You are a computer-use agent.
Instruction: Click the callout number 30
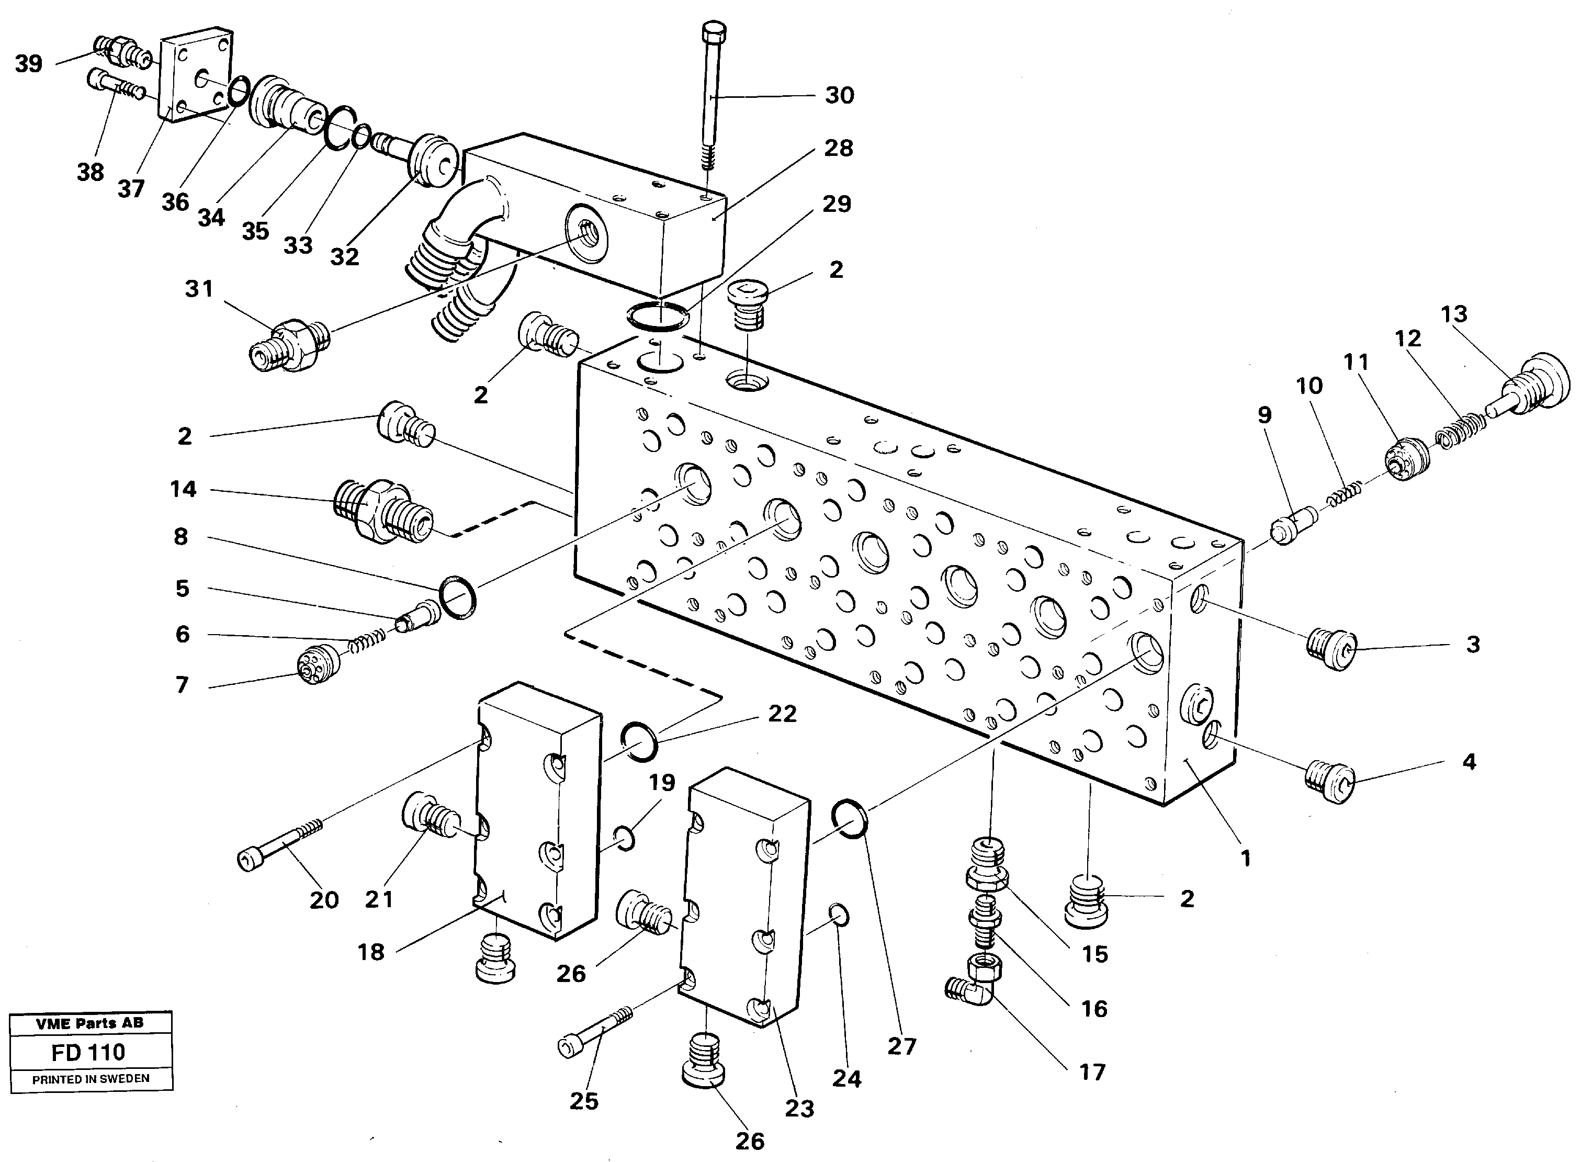click(839, 95)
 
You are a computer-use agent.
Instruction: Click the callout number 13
click(1454, 314)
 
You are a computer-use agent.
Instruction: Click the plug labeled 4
click(1329, 782)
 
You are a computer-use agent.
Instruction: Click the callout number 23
click(799, 1109)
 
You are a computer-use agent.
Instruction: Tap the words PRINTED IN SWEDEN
click(91, 1079)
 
